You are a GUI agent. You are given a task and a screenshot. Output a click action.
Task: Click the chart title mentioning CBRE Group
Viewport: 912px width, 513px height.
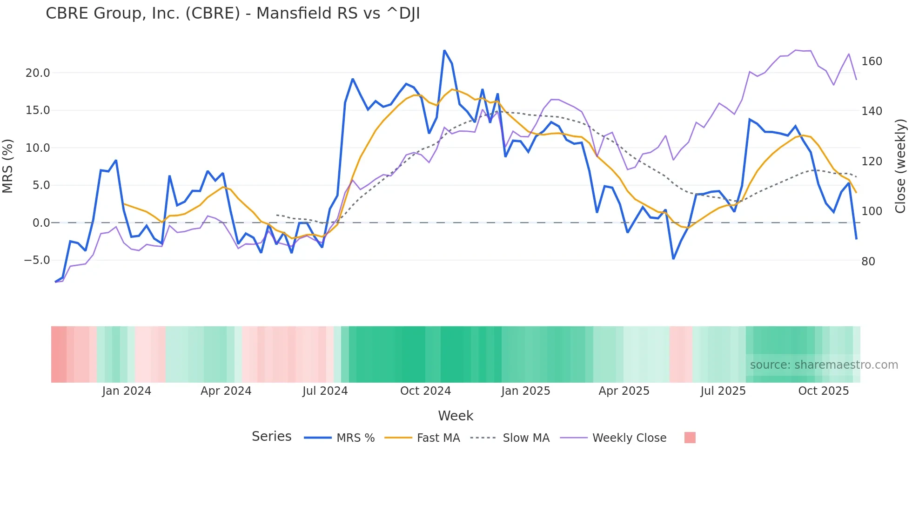[x=233, y=13]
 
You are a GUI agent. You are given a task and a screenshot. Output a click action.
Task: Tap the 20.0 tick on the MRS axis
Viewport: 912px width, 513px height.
[x=37, y=73]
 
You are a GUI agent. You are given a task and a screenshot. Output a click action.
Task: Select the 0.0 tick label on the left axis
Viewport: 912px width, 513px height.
[x=40, y=223]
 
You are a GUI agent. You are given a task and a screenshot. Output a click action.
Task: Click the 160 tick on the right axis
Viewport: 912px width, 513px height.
[x=872, y=61]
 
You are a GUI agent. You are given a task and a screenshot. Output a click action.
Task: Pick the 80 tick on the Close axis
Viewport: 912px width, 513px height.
[x=868, y=262]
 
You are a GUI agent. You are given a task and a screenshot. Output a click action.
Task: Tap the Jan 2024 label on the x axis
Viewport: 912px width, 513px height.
[x=127, y=391]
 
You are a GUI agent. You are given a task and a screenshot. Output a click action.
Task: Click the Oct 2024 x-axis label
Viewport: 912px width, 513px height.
[x=425, y=391]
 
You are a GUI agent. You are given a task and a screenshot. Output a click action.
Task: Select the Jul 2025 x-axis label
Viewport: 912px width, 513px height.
[x=723, y=391]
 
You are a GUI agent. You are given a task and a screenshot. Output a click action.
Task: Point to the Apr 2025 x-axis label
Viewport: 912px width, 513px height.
[x=624, y=391]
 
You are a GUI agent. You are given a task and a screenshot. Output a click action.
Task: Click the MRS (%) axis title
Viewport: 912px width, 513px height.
[x=8, y=166]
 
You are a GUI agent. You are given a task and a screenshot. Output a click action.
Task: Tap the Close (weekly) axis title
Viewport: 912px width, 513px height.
[x=900, y=166]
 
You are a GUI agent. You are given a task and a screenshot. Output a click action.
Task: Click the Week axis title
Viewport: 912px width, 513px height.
[x=456, y=416]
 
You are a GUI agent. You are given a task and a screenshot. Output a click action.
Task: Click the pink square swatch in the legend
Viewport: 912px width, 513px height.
[x=690, y=438]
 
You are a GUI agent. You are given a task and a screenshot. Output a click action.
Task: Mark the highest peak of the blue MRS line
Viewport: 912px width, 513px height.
[x=444, y=50]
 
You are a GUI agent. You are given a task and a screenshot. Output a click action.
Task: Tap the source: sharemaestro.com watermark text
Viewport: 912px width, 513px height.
[x=824, y=365]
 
